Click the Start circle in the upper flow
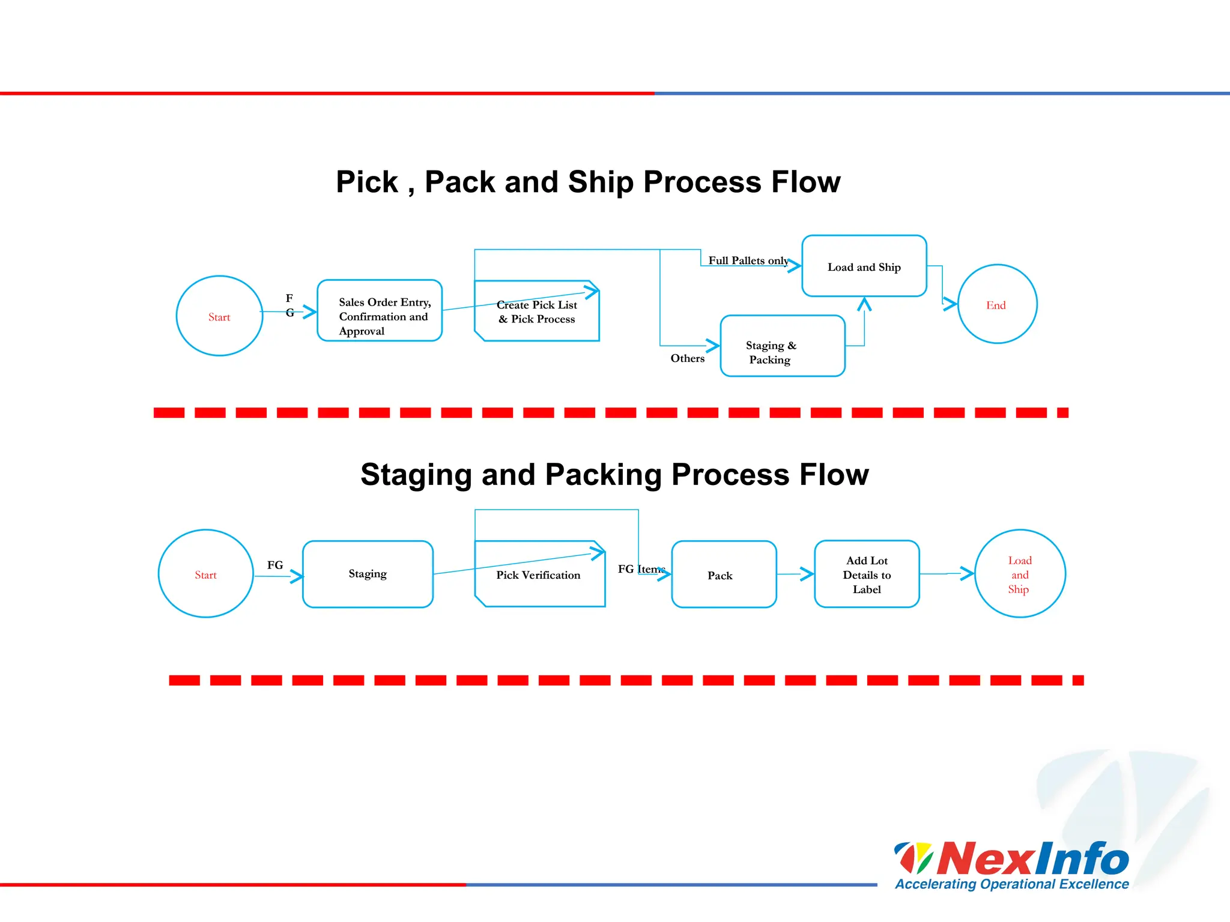click(x=219, y=316)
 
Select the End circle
click(x=997, y=304)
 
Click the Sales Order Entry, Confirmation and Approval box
click(x=380, y=311)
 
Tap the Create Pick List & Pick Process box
click(x=537, y=312)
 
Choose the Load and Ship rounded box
click(x=864, y=267)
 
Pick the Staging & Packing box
click(x=782, y=346)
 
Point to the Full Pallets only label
click(x=748, y=261)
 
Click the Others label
click(x=687, y=358)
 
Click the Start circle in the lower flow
click(x=205, y=574)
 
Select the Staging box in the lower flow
click(x=368, y=574)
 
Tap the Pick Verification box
click(x=539, y=574)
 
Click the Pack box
click(x=723, y=575)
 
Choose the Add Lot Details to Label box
click(x=867, y=574)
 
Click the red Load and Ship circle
click(x=1020, y=574)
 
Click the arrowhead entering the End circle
click(x=951, y=304)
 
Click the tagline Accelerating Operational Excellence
click(x=1012, y=884)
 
